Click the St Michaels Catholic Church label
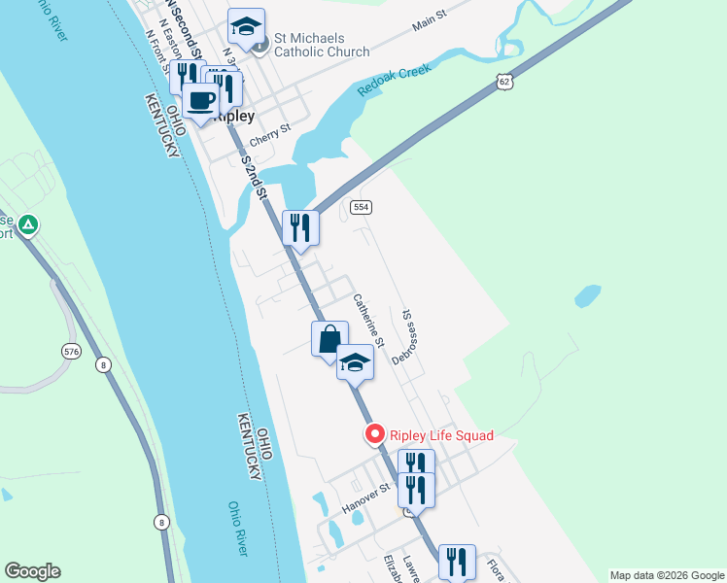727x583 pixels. point(321,45)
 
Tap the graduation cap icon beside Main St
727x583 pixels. point(246,27)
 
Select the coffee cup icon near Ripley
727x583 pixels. point(200,100)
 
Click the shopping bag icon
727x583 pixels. point(329,339)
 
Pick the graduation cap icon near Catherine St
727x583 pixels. point(355,363)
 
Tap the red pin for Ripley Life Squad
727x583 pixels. point(373,434)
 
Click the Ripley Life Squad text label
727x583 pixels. point(441,435)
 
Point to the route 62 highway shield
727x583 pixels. point(502,83)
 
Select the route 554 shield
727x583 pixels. point(362,207)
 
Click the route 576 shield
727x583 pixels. point(69,350)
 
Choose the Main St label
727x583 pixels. point(429,22)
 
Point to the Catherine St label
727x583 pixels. point(369,321)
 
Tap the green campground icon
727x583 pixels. point(29,226)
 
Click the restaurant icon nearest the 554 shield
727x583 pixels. point(300,228)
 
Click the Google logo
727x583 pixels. point(32,571)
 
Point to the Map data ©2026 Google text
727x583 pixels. point(666,574)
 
